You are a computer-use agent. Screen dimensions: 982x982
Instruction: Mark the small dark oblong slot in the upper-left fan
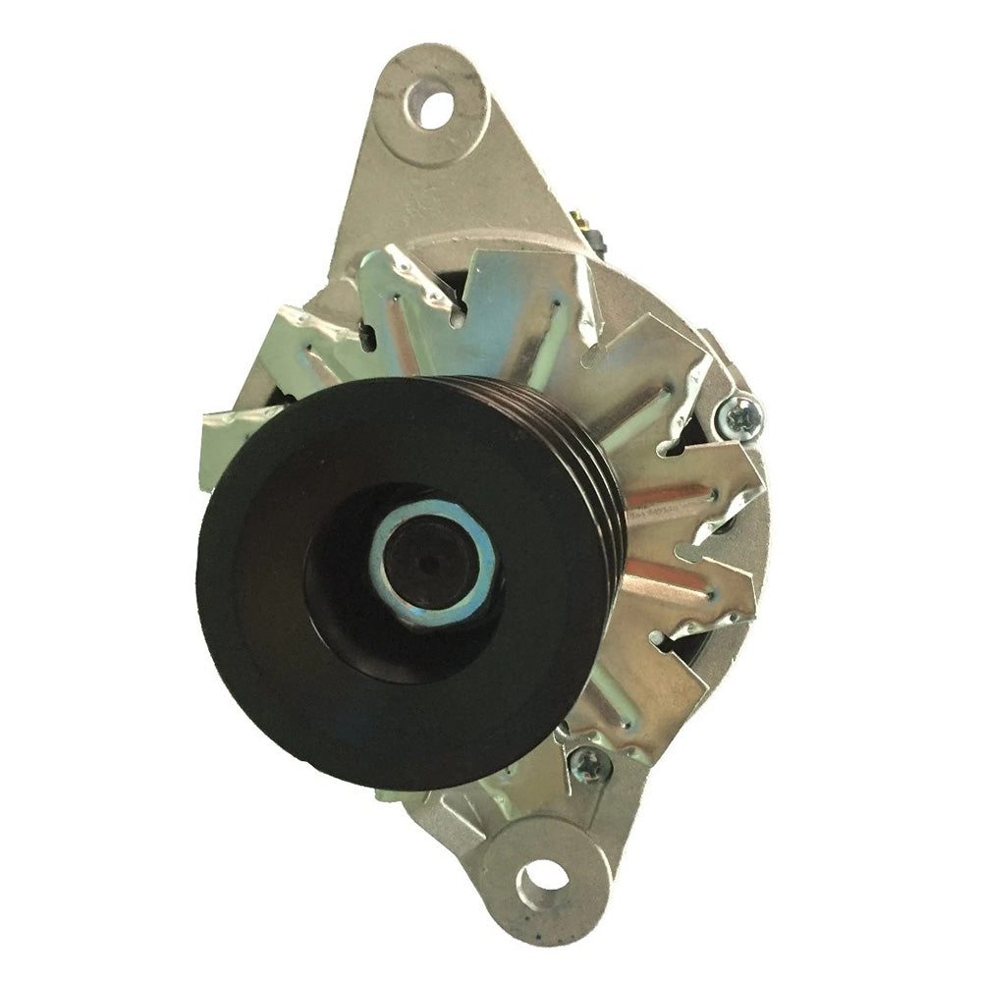(365, 339)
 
